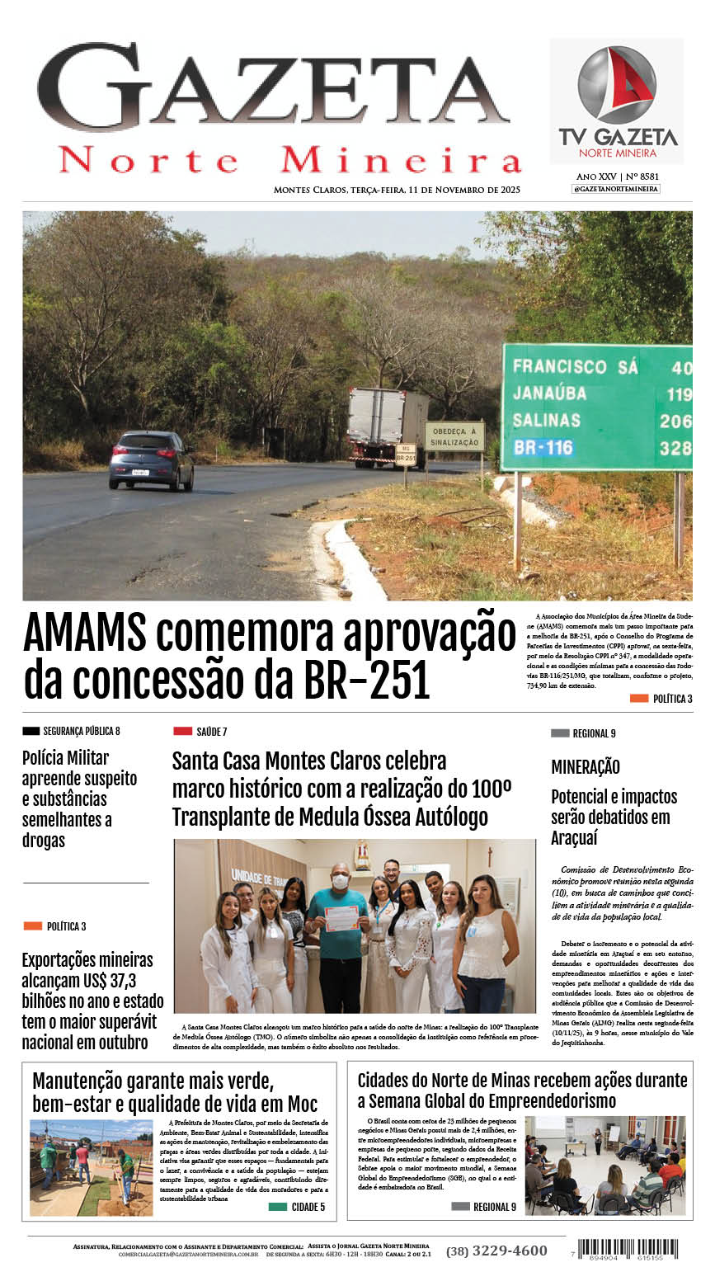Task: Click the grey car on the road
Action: tap(151, 459)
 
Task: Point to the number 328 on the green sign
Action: tap(675, 448)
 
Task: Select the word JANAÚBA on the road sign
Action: tap(549, 393)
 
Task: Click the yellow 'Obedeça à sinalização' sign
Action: tap(454, 436)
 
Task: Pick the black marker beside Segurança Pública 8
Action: tap(31, 731)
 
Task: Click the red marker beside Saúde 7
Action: tap(182, 731)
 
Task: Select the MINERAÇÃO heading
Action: tap(586, 767)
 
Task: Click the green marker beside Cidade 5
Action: tap(277, 1207)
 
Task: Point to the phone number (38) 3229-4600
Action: tap(496, 1251)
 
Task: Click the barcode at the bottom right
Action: tap(628, 1249)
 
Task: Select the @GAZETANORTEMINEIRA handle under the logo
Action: tap(616, 189)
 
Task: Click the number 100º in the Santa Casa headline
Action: tap(490, 789)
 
